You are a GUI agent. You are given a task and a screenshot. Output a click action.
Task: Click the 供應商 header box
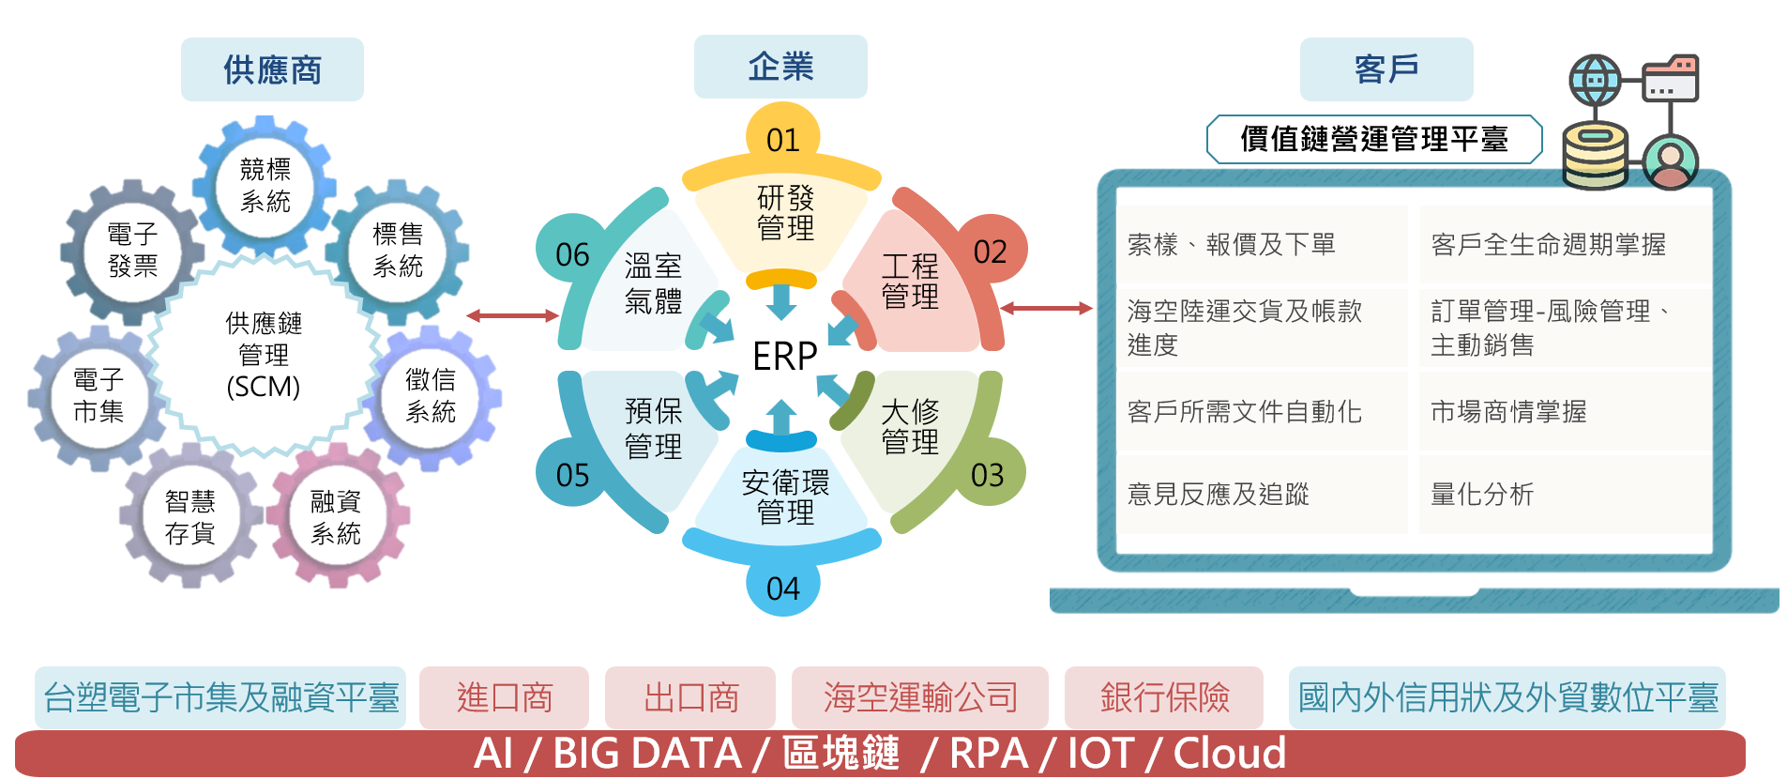(x=272, y=69)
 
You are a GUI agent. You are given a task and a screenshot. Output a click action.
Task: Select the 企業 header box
(x=780, y=67)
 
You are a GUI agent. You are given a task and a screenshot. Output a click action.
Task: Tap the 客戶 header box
(x=1386, y=69)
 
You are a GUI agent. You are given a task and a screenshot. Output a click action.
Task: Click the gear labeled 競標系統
(x=265, y=185)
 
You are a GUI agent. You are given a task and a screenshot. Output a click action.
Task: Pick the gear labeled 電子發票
(x=132, y=250)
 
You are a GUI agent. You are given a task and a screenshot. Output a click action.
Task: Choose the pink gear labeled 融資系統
(x=336, y=517)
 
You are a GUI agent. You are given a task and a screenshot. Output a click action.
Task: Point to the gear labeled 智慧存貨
(x=190, y=517)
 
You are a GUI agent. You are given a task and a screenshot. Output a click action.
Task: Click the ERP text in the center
(x=785, y=356)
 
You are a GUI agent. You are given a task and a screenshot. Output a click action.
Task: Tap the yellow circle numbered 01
(x=782, y=139)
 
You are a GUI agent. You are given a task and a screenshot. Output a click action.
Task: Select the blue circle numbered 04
(x=782, y=587)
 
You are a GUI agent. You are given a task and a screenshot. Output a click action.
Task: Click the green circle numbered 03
(x=988, y=474)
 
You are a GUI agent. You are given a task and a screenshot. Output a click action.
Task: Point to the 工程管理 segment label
(x=910, y=281)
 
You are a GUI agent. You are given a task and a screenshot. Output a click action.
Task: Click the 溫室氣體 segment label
(x=653, y=283)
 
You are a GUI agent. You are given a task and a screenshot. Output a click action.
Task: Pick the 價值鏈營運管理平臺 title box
(x=1374, y=139)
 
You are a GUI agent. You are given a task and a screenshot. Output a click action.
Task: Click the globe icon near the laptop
(x=1595, y=80)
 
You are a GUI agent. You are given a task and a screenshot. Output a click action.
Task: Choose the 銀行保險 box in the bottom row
(x=1164, y=697)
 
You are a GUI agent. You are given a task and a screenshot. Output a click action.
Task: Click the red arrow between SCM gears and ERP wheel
(x=512, y=315)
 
